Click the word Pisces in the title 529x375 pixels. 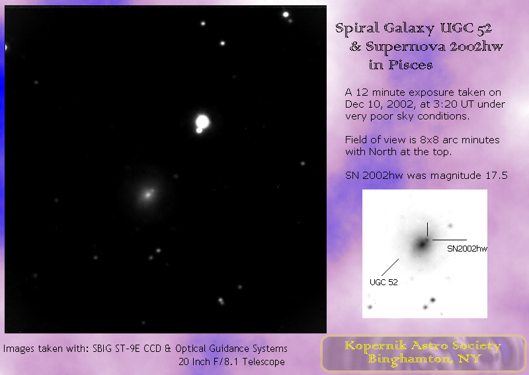[411, 65]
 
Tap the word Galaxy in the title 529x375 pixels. [409, 28]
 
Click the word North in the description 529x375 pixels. [383, 152]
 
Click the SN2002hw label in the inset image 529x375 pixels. [468, 249]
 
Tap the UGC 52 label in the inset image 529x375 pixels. [384, 283]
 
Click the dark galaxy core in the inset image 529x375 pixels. [422, 244]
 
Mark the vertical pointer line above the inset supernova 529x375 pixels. [427, 230]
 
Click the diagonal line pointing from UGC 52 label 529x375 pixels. [390, 267]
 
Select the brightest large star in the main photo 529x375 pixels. [202, 122]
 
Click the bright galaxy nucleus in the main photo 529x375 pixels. [147, 194]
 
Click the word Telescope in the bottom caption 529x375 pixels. [264, 362]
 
